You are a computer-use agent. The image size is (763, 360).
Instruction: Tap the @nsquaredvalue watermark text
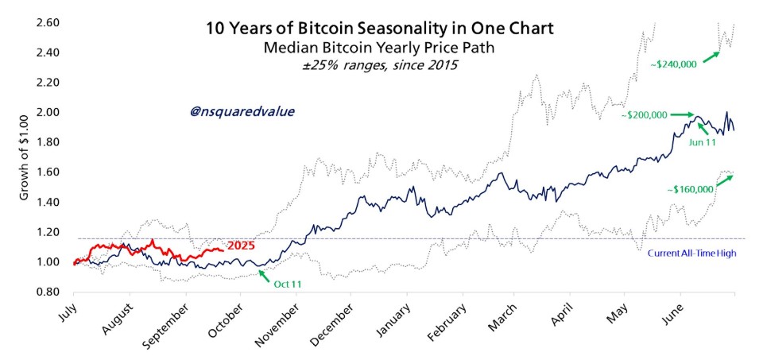(x=242, y=112)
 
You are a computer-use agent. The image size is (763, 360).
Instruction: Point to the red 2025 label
(x=240, y=246)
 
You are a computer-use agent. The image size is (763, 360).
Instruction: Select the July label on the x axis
(x=72, y=313)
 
